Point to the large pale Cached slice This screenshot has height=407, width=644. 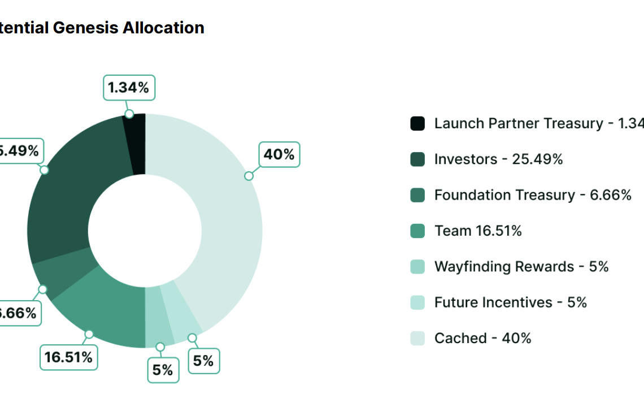(226, 226)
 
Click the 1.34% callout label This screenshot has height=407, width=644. (129, 88)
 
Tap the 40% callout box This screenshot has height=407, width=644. (279, 154)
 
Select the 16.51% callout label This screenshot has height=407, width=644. (68, 358)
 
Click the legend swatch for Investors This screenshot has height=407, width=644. (417, 159)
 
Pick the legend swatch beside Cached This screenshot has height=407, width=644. (417, 338)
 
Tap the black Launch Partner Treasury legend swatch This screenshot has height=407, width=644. (417, 123)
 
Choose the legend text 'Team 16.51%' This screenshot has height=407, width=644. (478, 231)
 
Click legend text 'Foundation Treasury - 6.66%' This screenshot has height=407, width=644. (532, 195)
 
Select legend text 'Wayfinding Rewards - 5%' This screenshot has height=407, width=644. (521, 266)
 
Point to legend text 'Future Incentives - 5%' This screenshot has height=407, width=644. (510, 302)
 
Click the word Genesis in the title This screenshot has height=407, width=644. (87, 28)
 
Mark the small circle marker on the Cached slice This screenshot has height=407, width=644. (249, 176)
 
